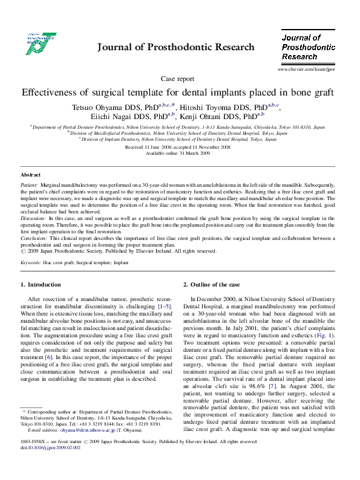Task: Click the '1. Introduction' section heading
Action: pyautogui.click(x=41, y=285)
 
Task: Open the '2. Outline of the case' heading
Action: pyautogui.click(x=212, y=285)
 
